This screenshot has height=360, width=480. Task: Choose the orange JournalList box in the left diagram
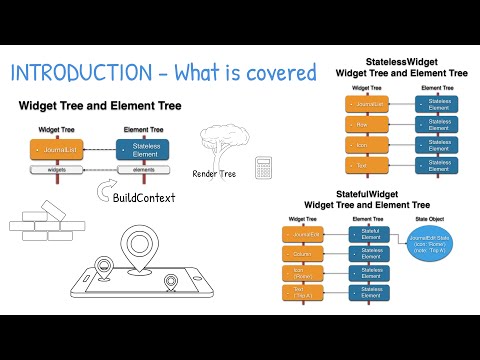(61, 151)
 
